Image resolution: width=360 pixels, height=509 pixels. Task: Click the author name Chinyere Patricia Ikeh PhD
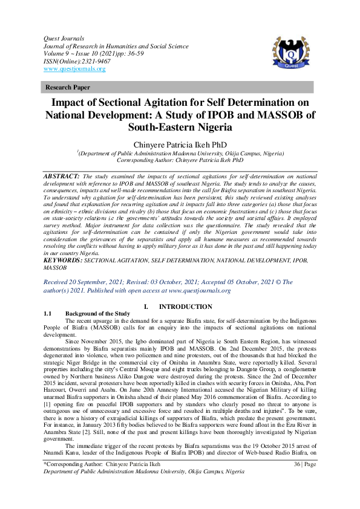[x=180, y=144]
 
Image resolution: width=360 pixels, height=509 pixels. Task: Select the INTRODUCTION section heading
[x=185, y=307]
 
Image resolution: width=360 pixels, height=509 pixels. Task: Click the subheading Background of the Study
[x=97, y=314]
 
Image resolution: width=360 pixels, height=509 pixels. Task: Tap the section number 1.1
[x=50, y=314]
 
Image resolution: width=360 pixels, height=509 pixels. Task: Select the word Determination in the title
[x=255, y=102]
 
